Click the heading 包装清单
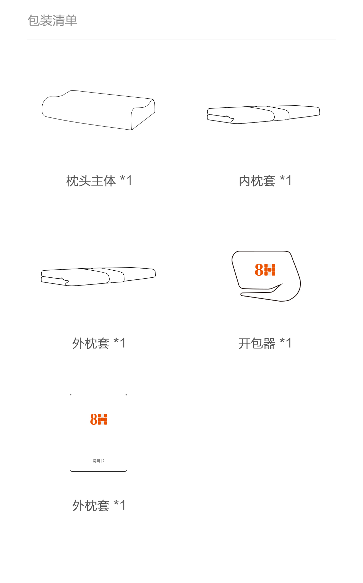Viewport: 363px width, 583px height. tap(52, 21)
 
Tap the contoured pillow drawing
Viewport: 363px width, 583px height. tap(98, 110)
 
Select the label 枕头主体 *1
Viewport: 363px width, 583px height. tap(99, 181)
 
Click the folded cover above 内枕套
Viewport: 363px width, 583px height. tap(264, 115)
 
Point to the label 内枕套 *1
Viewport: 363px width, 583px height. tap(265, 181)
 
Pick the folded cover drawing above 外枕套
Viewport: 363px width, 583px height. tap(98, 277)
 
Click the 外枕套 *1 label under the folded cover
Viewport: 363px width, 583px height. tap(99, 343)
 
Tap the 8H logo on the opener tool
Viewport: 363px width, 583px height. tap(265, 270)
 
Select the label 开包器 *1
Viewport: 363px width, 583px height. tap(265, 343)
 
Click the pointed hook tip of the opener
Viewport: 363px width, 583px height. tap(282, 284)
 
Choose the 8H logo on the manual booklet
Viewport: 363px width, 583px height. tap(98, 419)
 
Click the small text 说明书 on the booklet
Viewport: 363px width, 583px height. tap(98, 461)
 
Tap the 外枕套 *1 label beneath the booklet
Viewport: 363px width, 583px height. tap(99, 505)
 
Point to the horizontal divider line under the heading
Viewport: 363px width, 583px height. tap(182, 39)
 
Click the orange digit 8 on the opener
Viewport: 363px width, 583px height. tap(259, 270)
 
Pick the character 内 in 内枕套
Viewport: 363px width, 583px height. tap(245, 181)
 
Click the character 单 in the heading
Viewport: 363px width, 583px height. tap(71, 21)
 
